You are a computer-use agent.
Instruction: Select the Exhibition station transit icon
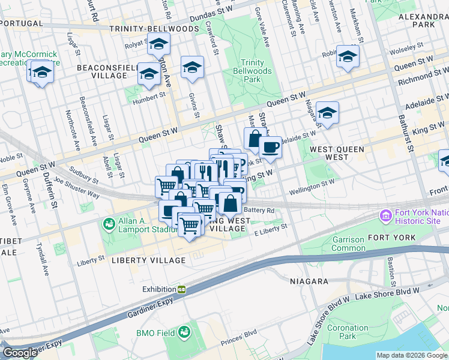[181, 289]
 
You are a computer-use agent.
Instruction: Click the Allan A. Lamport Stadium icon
[109, 224]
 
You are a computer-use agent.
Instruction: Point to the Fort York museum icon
[385, 215]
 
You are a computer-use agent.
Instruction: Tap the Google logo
[19, 353]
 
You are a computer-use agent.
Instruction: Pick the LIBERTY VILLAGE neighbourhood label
[148, 260]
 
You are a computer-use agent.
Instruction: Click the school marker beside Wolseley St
[348, 57]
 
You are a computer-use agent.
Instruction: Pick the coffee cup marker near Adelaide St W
[270, 147]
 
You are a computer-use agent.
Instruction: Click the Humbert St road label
[149, 95]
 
